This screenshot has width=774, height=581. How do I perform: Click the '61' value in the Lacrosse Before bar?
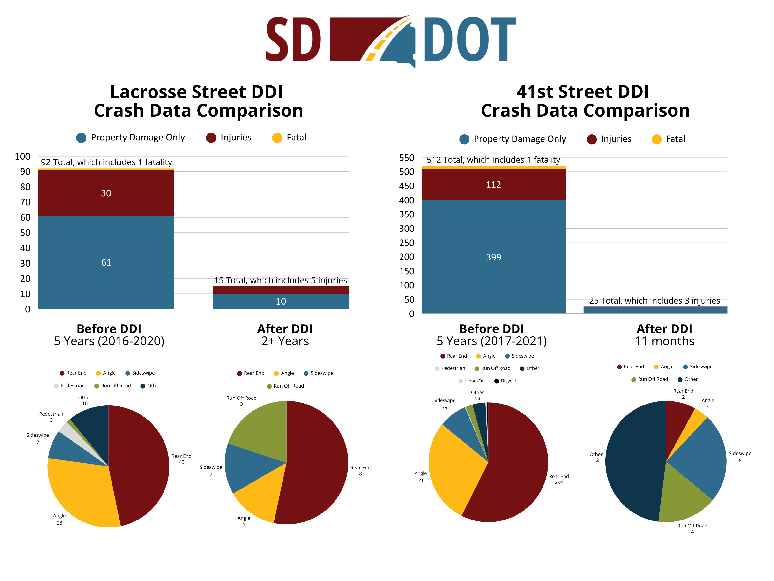coord(106,262)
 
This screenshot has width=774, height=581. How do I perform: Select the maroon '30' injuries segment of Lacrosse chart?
coord(106,193)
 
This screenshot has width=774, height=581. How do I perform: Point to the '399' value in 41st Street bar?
coord(493,257)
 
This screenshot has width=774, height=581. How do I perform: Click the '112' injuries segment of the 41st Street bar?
coord(493,184)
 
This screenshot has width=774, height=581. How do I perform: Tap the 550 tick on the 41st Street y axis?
coord(407,158)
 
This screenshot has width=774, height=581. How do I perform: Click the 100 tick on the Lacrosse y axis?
coord(23,157)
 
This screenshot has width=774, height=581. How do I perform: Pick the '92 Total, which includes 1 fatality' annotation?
coord(106,162)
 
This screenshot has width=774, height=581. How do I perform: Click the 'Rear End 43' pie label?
coord(181,459)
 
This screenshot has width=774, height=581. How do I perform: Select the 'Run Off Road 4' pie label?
coord(692,528)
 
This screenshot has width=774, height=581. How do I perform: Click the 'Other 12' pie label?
coord(596,457)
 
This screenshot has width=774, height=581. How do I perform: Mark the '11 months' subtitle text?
coord(664,341)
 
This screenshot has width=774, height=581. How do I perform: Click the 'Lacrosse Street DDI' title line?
coord(196,92)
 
